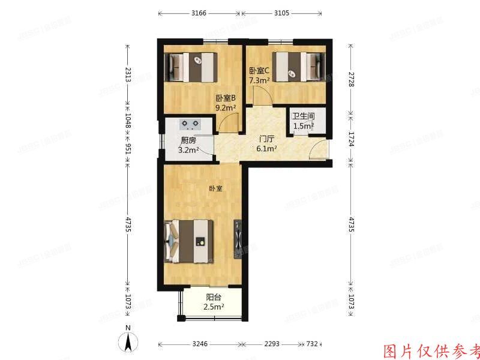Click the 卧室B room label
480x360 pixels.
coord(226,98)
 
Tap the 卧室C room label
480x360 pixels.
coord(259,70)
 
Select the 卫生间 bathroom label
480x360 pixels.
coord(303,116)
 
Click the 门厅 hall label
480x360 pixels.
coord(266,139)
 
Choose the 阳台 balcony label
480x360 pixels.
coord(213,297)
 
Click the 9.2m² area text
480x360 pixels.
coord(226,108)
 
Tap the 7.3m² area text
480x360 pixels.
coord(259,79)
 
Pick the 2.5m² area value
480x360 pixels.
coord(214,307)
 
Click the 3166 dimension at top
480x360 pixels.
coord(199,13)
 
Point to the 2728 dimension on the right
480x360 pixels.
coord(351,79)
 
